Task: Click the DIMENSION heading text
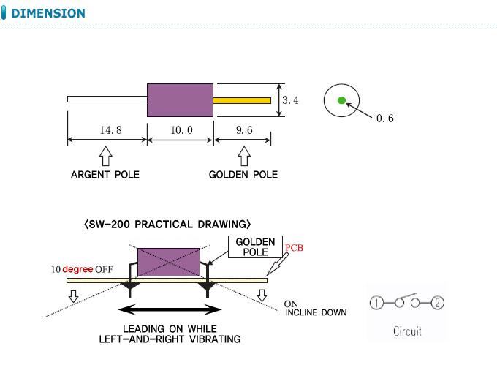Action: (48, 13)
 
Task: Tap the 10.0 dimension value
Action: (181, 130)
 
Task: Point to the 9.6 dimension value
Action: (244, 130)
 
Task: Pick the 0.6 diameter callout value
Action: (384, 118)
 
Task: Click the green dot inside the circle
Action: (341, 100)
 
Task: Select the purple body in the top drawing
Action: (181, 99)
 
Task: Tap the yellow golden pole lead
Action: (242, 99)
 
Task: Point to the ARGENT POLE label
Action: (105, 175)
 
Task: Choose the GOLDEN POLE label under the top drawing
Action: (243, 175)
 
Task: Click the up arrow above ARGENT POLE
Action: (105, 155)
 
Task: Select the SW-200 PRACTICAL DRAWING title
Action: (168, 223)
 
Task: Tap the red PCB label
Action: (294, 248)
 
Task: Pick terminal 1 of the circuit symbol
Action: (376, 303)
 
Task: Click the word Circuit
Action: (407, 331)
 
